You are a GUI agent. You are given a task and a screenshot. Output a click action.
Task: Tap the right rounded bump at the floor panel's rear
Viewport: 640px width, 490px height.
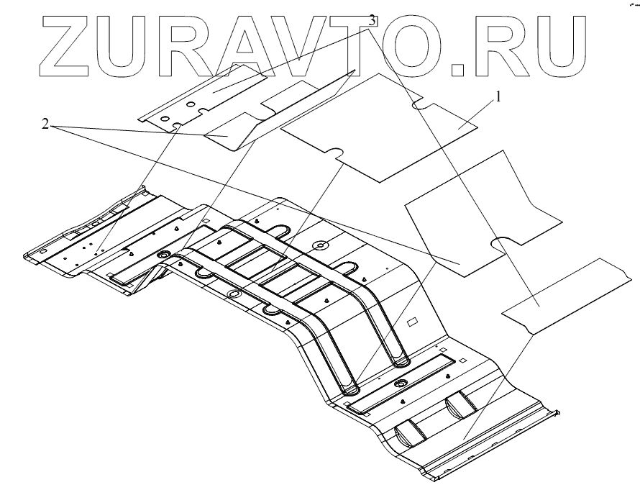tap(460, 407)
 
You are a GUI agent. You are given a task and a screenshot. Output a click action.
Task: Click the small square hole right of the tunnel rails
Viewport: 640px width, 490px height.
tap(413, 322)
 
